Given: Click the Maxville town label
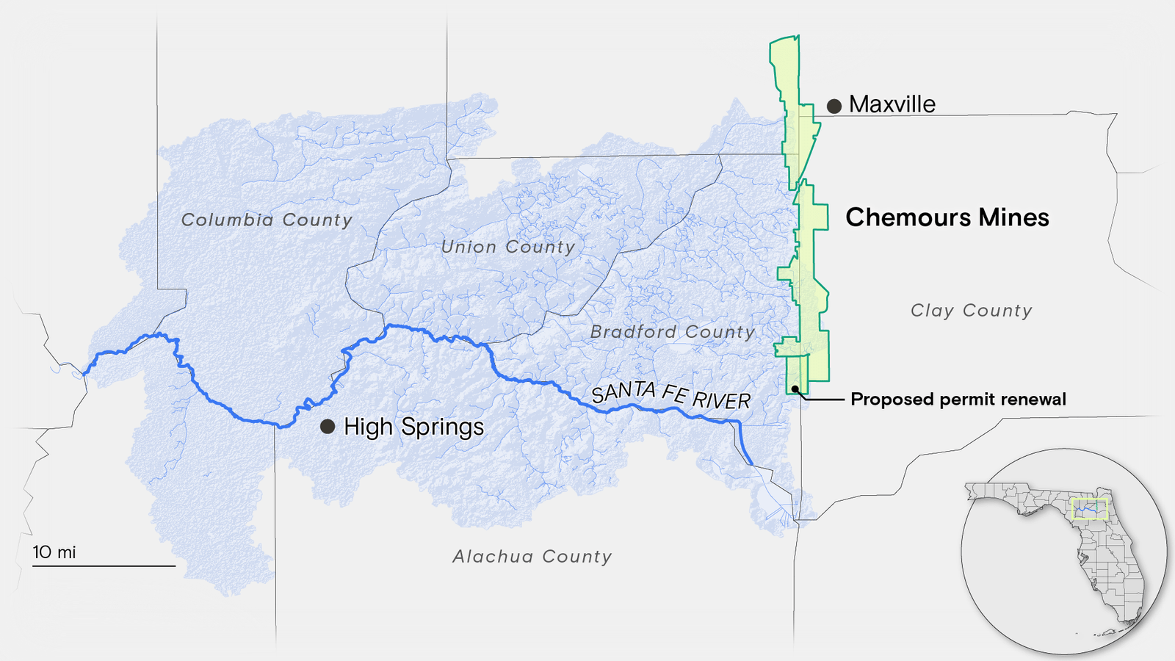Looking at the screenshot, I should click(x=892, y=104).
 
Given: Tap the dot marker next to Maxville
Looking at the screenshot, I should click(x=834, y=106).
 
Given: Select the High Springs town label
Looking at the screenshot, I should click(x=413, y=427).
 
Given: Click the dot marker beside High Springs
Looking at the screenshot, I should click(x=328, y=426).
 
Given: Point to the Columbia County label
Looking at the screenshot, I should click(x=267, y=220).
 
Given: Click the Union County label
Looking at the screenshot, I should click(x=507, y=247).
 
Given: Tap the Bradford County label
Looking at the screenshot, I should click(x=672, y=332).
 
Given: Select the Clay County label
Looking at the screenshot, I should click(x=971, y=311).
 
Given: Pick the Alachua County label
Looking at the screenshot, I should click(x=532, y=557).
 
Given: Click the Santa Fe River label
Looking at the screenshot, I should click(x=670, y=396).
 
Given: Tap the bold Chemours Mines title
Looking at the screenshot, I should click(x=947, y=217).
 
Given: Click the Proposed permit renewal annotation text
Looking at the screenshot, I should click(x=958, y=400).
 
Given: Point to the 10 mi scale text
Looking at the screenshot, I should click(x=54, y=552).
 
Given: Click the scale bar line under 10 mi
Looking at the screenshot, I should click(x=104, y=566).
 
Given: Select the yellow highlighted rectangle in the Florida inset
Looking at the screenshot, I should click(x=1088, y=508).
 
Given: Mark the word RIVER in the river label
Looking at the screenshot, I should click(x=721, y=400).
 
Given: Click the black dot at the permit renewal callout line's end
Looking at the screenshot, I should click(x=795, y=389).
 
